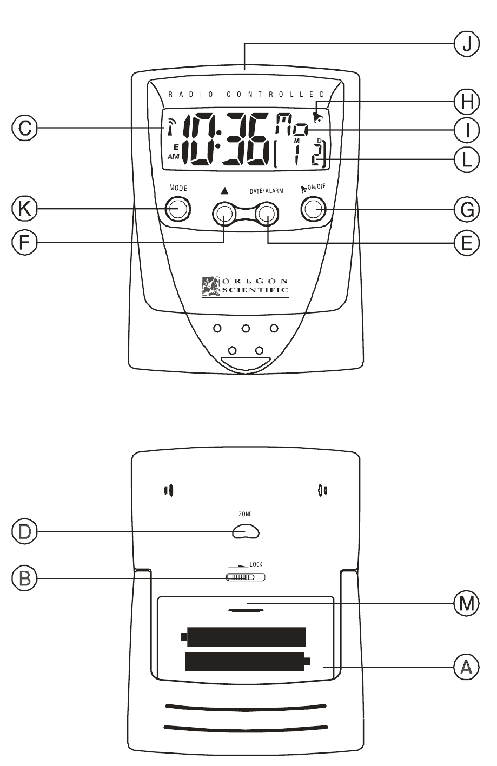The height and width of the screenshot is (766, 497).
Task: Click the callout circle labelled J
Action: [x=466, y=44]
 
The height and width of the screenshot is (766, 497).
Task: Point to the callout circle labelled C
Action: [x=25, y=128]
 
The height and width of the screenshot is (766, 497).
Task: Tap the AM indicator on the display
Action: [x=174, y=156]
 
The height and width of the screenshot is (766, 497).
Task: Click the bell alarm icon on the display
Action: [x=317, y=115]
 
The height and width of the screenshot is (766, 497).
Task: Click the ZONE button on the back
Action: [x=246, y=532]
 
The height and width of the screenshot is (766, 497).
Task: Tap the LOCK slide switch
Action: [x=246, y=577]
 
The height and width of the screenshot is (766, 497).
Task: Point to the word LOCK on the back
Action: [x=256, y=564]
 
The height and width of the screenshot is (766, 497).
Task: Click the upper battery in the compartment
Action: [x=244, y=637]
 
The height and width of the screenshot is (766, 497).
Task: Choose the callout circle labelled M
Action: [x=466, y=603]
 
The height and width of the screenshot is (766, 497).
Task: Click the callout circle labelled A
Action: [x=466, y=668]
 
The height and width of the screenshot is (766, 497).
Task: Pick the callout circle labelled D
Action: [x=25, y=531]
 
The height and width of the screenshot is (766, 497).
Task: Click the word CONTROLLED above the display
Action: [x=276, y=94]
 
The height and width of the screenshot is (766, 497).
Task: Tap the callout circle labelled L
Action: [x=466, y=159]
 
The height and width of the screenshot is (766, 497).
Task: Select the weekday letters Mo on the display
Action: [x=291, y=125]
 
